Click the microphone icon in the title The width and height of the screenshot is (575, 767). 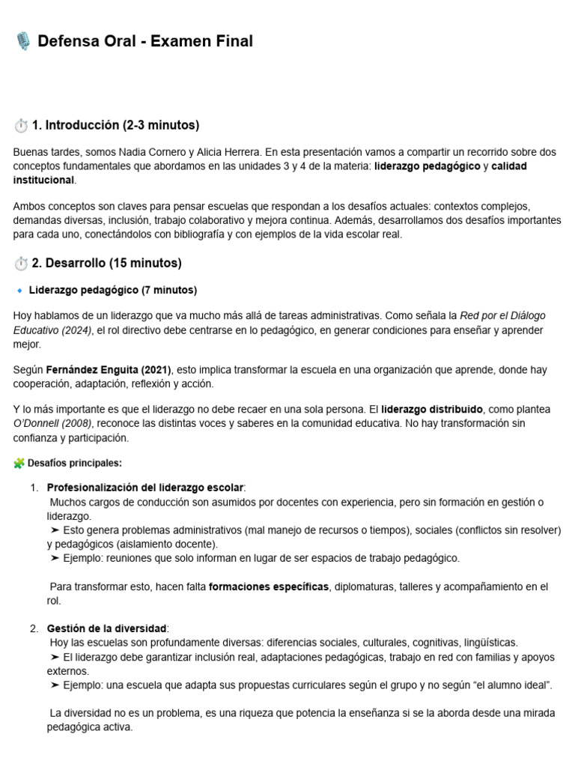(x=23, y=42)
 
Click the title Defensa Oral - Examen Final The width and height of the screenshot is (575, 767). (x=145, y=42)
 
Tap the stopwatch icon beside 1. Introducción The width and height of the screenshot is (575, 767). (x=20, y=125)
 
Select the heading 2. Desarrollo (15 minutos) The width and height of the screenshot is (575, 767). (x=106, y=263)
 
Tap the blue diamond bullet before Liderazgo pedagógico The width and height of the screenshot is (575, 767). (x=19, y=291)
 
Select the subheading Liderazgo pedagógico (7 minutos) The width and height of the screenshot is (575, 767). (x=112, y=290)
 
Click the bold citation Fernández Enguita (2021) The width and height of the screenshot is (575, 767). (x=109, y=370)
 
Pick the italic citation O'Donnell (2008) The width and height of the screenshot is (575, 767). (x=51, y=424)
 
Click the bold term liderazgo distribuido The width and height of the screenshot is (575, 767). (x=432, y=410)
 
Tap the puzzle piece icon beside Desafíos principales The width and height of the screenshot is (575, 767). (x=19, y=463)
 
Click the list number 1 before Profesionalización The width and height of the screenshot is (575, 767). (x=34, y=488)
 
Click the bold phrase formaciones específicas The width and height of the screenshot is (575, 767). (x=269, y=586)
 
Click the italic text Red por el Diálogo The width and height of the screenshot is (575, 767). (x=502, y=316)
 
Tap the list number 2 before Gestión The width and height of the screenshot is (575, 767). (x=34, y=628)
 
